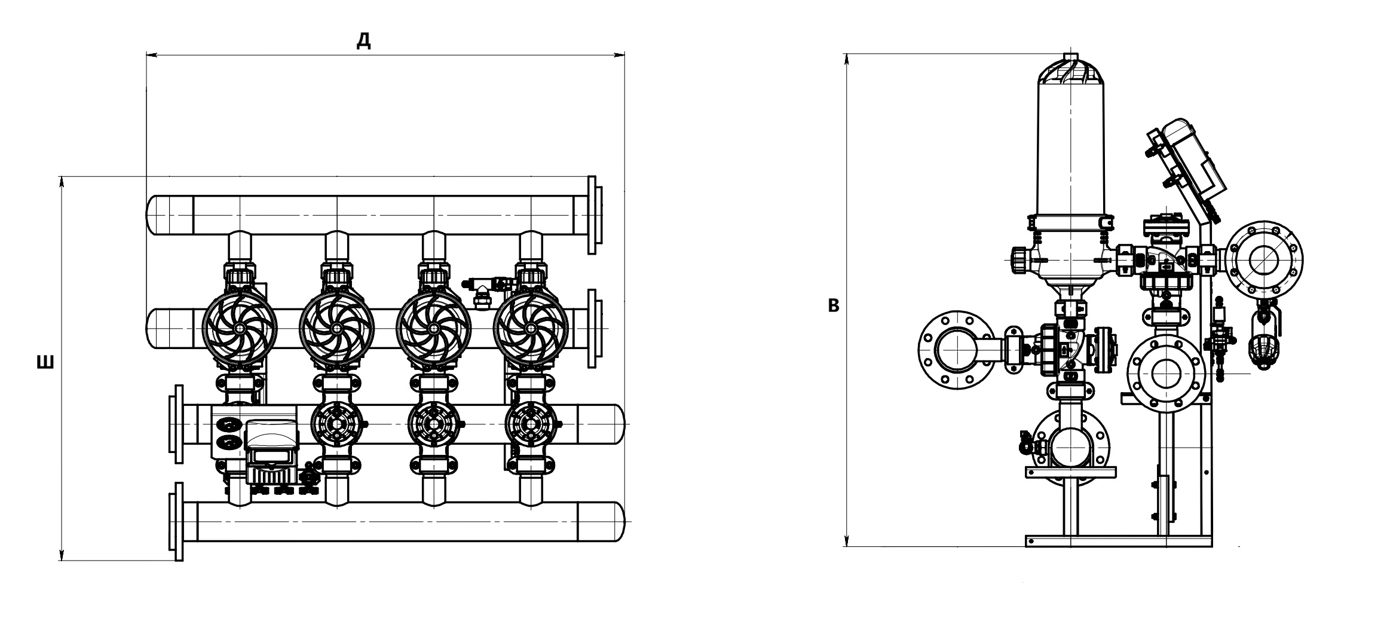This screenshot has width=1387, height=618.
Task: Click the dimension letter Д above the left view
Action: point(363,41)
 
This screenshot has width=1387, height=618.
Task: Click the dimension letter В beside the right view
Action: point(834,306)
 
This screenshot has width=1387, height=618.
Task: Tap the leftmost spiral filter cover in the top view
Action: point(240,328)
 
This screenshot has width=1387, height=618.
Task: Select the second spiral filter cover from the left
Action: point(337,328)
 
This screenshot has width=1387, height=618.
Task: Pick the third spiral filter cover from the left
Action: point(434,328)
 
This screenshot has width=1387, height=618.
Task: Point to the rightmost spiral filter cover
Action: point(531,328)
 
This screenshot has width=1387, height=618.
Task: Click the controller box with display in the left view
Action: point(272,451)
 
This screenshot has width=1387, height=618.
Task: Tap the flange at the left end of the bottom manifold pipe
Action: point(177,522)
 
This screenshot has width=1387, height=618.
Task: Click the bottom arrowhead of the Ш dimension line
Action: point(61,555)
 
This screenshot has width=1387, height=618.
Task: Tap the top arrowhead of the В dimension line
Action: point(847,60)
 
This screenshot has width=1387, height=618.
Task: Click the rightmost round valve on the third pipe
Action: point(531,424)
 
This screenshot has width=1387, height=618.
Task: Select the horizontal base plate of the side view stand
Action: point(1118,541)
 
